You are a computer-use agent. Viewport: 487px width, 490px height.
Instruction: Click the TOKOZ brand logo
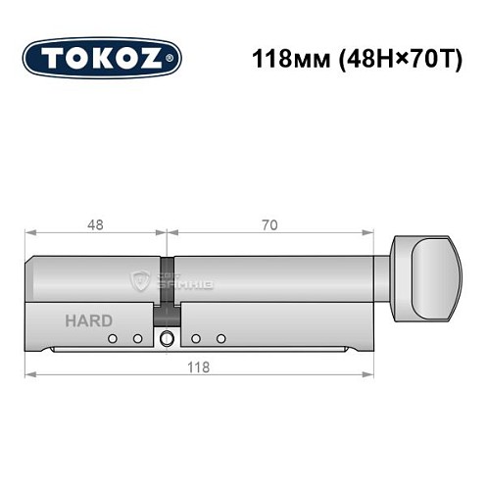pos(102,59)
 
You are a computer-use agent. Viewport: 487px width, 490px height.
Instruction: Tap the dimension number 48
pos(95,224)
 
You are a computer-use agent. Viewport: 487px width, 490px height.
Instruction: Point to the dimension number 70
pos(269,224)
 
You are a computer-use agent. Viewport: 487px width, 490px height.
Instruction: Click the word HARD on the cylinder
pos(88,320)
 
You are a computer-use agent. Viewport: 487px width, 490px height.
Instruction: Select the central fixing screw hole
pos(168,340)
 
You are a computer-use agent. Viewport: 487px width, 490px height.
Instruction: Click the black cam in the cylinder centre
pos(168,284)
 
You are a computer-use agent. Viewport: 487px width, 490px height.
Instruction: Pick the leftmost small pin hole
pos(114,339)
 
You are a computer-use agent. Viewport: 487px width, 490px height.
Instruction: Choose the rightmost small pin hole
pos(221,339)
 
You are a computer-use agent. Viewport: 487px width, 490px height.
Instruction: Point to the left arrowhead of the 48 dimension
pos(29,233)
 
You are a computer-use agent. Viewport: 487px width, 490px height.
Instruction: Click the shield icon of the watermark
pos(138,281)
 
